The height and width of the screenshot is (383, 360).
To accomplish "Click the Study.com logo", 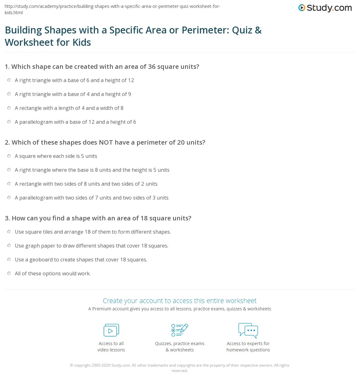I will click(x=325, y=8).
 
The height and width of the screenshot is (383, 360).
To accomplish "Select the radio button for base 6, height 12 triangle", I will click(x=9, y=80).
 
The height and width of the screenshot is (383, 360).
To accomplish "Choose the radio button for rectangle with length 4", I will click(x=9, y=108).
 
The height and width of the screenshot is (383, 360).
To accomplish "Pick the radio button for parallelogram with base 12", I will click(x=9, y=122).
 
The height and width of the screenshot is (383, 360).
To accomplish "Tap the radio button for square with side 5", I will click(x=9, y=156).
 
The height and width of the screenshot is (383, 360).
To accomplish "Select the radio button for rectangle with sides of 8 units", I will click(x=9, y=184).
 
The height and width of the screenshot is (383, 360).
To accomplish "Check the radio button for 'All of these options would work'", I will click(x=9, y=273).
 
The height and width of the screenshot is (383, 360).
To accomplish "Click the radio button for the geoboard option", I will click(x=9, y=260).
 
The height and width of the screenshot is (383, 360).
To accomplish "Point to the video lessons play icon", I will click(x=111, y=330).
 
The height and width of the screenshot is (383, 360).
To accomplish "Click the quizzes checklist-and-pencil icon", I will click(x=180, y=330).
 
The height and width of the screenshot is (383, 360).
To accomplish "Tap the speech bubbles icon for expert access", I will click(x=248, y=330).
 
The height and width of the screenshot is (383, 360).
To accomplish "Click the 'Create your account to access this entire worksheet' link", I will click(x=180, y=301).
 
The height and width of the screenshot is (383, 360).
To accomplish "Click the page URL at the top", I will click(x=112, y=9).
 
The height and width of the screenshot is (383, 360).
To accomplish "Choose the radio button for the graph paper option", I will click(x=9, y=246).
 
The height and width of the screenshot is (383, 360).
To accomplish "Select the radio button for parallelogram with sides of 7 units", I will click(x=9, y=198).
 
